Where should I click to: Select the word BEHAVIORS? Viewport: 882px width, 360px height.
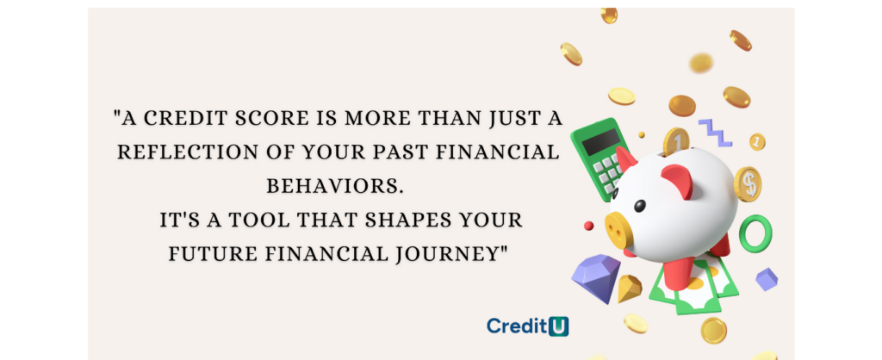(335, 186)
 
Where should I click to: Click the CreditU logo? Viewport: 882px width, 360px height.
(528, 326)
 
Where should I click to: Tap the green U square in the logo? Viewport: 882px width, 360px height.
(558, 326)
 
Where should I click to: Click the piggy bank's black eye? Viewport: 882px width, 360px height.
(640, 206)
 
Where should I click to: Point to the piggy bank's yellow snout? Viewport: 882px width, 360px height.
(618, 229)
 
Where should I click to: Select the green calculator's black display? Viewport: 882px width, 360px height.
(601, 142)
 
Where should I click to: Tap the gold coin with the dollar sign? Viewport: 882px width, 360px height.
(748, 184)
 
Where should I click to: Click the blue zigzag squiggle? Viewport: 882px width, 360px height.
(715, 133)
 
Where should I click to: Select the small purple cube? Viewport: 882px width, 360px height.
(766, 279)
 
